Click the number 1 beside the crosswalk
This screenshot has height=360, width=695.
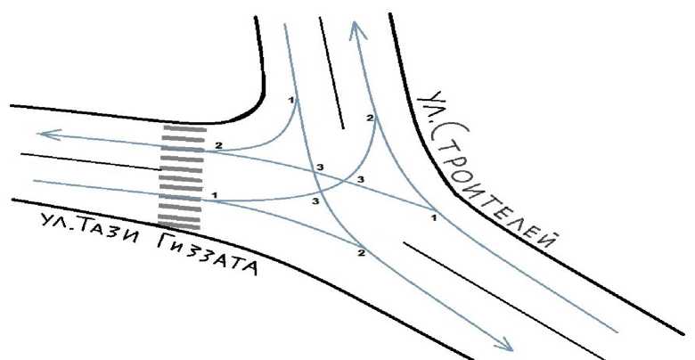coord(215,193)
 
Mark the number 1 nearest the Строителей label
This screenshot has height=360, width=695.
coord(432,217)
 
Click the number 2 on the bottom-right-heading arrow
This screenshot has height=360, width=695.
coord(362,253)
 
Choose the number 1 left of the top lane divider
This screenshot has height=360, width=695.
coord(291,100)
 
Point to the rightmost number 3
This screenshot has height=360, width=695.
coord(360,180)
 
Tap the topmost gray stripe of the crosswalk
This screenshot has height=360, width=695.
coord(181,128)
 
